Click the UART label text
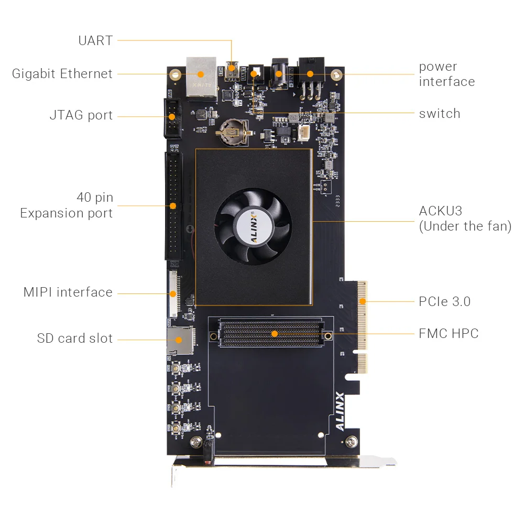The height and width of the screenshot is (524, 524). click(x=95, y=40)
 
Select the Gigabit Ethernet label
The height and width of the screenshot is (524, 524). click(x=62, y=73)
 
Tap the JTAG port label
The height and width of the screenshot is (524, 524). click(x=81, y=115)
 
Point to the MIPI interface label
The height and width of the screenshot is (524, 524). click(x=68, y=292)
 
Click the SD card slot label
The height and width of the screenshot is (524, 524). click(x=74, y=338)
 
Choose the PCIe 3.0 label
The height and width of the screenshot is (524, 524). click(x=444, y=301)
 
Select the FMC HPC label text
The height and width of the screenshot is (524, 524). click(x=448, y=333)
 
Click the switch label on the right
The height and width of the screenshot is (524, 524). click(x=439, y=113)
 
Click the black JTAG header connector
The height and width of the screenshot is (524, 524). click(x=173, y=118)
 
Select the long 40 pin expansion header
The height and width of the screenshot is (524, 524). click(x=173, y=205)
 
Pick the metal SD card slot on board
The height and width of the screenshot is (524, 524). click(x=180, y=340)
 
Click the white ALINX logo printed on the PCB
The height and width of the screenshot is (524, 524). click(x=340, y=411)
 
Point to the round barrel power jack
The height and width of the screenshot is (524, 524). click(x=278, y=73)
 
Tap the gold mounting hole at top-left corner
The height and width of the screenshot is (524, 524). click(x=176, y=74)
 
